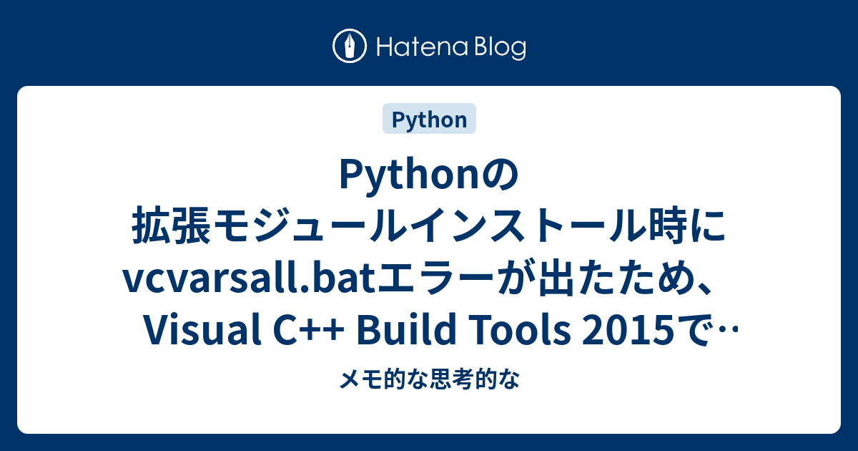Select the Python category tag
pyautogui.click(x=429, y=120)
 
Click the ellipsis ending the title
pyautogui.click(x=726, y=331)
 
